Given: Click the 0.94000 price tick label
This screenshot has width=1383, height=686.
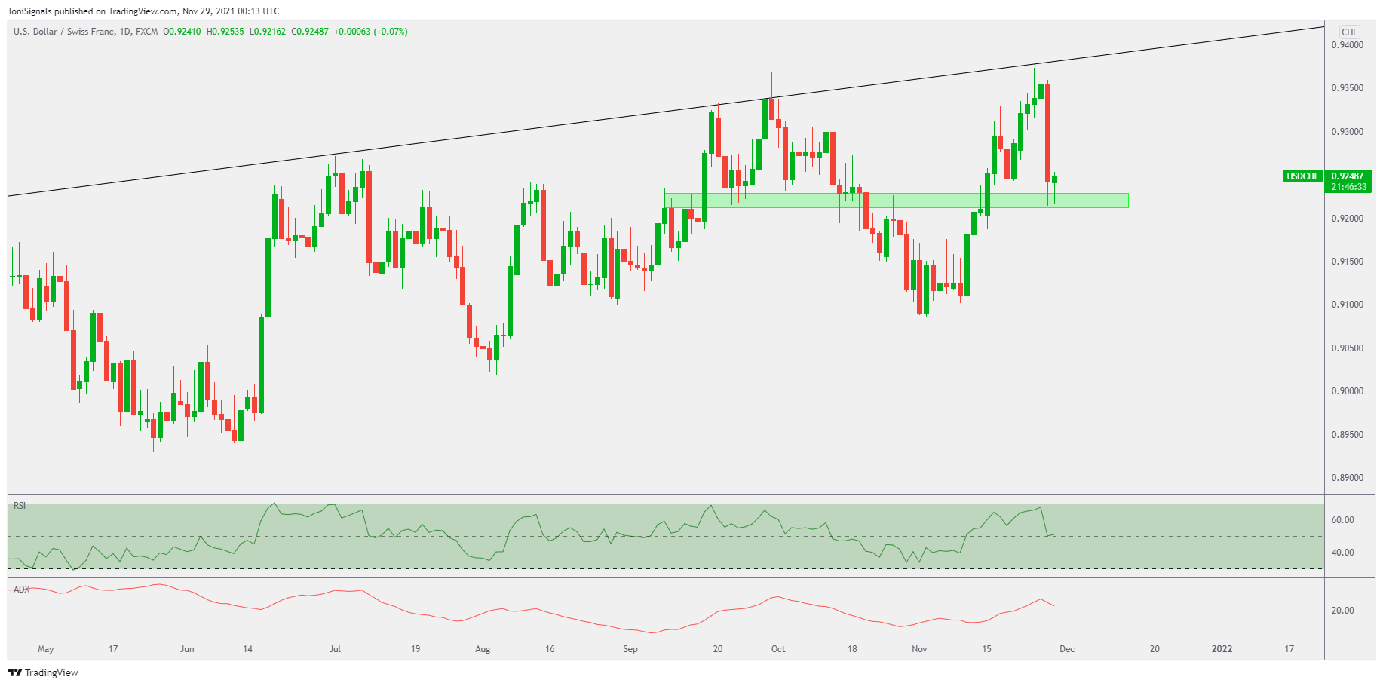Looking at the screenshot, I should coord(1347,45).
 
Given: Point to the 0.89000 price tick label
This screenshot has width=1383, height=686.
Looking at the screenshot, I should coord(1347,478).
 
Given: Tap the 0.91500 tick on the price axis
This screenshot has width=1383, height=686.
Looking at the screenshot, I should coord(1347,262).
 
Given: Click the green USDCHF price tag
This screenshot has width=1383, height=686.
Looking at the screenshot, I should coord(1302,176).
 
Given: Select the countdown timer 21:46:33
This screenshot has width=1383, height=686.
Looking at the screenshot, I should coord(1348,187).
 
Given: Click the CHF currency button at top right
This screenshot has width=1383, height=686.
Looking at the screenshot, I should coord(1349,32).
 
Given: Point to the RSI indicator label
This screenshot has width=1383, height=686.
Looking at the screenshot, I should coord(20,506).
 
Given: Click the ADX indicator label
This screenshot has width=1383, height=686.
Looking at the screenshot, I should coord(22,590).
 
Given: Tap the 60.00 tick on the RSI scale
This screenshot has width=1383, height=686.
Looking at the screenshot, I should coord(1342,520).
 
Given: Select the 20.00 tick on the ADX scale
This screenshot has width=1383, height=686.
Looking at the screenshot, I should coord(1342,611).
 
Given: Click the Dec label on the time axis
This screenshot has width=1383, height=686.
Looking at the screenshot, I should coord(1067,649).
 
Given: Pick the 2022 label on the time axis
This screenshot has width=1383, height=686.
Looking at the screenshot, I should coord(1222,649).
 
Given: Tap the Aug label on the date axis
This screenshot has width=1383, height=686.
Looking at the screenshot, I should coord(483,649).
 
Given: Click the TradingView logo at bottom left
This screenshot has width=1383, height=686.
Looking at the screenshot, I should coord(43,672).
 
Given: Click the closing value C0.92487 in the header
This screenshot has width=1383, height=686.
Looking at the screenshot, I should coord(310,32).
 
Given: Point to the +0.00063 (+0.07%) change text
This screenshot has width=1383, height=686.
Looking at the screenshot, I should coord(371,32).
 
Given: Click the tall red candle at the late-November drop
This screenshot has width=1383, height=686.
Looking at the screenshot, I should coord(1048,132).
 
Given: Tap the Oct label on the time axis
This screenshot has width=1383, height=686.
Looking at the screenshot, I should coord(778,649).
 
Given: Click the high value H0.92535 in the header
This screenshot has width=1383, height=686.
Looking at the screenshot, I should coord(225,32).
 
